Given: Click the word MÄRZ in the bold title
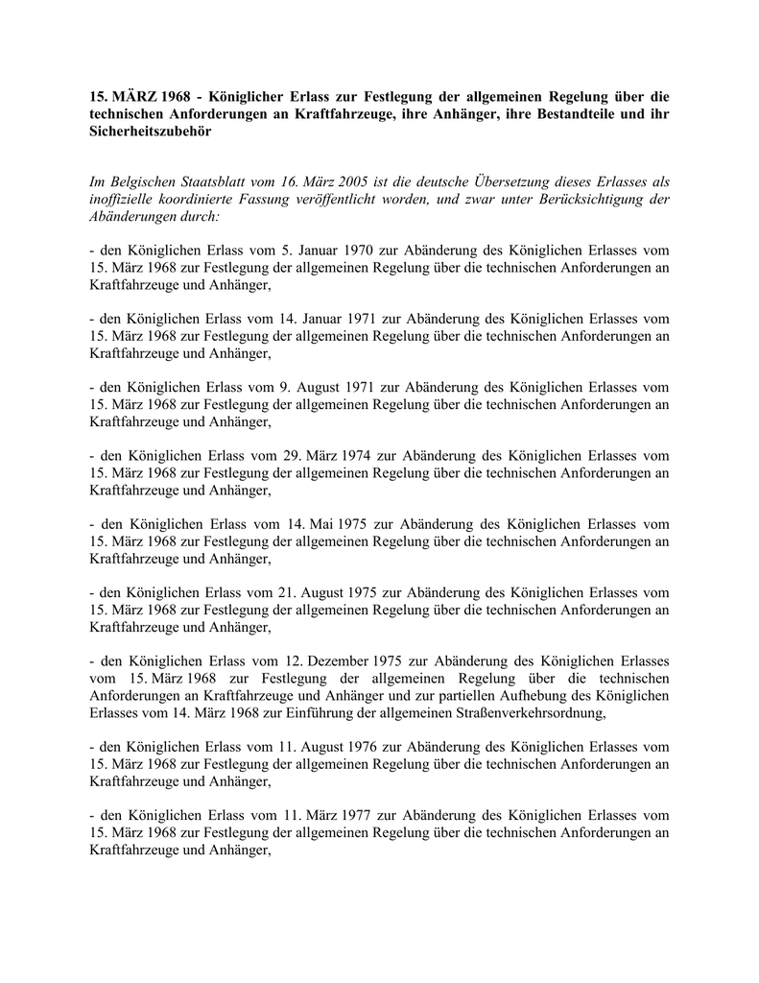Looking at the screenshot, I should [x=135, y=97].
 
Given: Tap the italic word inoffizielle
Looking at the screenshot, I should [x=127, y=199].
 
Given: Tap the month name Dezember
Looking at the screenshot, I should [x=338, y=661].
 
